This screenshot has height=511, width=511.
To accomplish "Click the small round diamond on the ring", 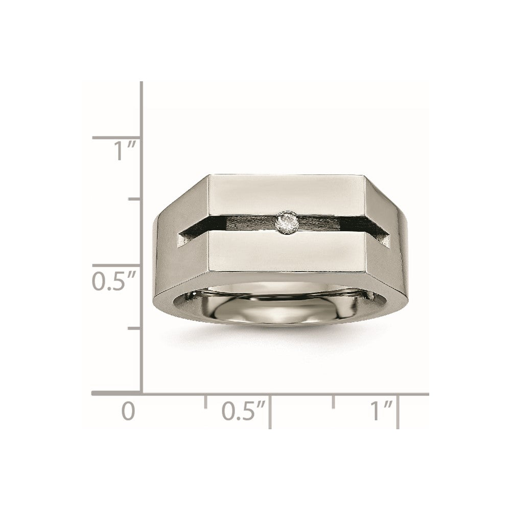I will pos(285,222).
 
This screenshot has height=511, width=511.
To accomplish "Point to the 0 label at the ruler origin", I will pos(128,411).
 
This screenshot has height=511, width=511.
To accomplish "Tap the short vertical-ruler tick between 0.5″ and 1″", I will pos(135,199).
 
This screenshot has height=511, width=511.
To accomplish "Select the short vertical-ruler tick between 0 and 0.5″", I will pos(135,329).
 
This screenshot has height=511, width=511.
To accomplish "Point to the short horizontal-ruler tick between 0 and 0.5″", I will pos(206,401).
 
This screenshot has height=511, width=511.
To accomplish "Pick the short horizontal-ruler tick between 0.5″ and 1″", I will pos(334,401).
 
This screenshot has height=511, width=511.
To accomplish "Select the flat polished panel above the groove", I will pos(286,194).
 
